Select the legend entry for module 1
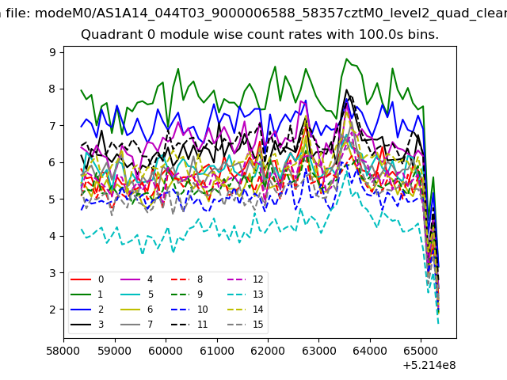(x=86, y=294)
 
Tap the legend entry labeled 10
(x=189, y=310)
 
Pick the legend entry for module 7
(x=136, y=324)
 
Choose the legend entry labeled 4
(x=136, y=279)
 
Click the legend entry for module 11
(x=189, y=324)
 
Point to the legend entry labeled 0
(x=86, y=279)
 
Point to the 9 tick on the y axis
(x=52, y=52)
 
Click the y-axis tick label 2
(x=52, y=310)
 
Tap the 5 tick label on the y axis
(x=52, y=199)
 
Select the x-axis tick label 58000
(x=63, y=351)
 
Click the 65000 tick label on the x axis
(x=421, y=351)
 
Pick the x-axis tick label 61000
(x=216, y=351)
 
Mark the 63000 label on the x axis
(x=318, y=351)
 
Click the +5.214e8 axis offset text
(x=429, y=366)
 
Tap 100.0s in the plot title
(x=379, y=34)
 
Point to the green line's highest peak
(x=346, y=59)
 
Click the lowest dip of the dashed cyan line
(x=438, y=323)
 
